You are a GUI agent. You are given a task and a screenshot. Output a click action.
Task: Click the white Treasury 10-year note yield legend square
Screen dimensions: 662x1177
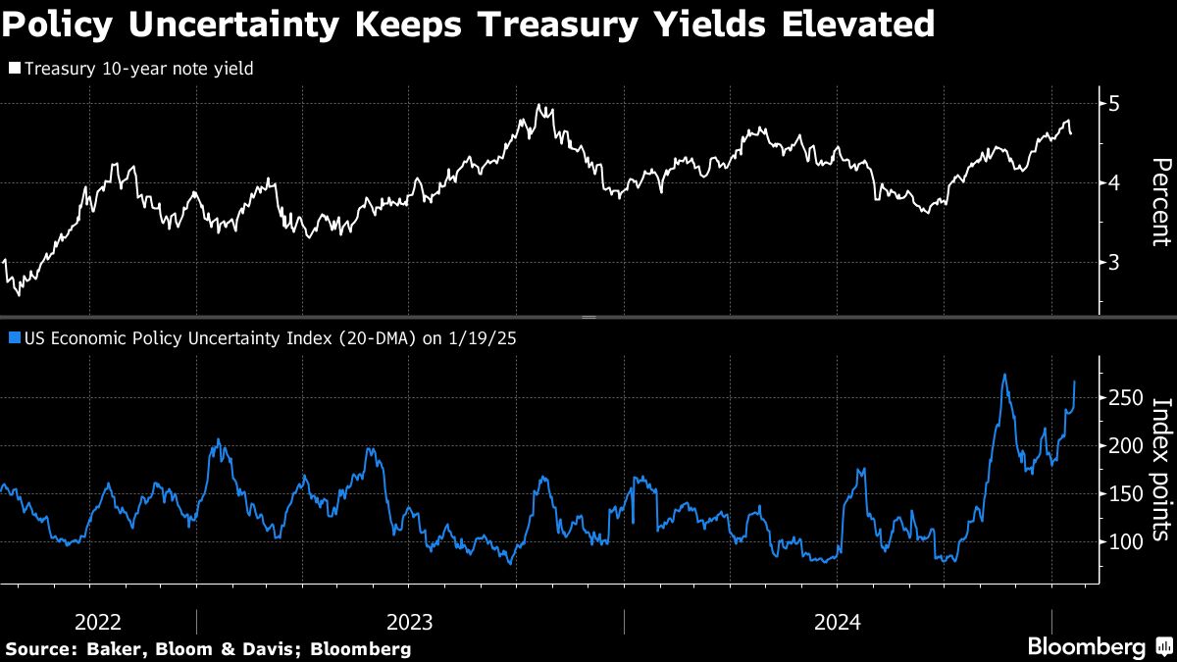click(14, 69)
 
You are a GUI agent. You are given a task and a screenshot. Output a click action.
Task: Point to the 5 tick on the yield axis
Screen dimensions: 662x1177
click(1114, 104)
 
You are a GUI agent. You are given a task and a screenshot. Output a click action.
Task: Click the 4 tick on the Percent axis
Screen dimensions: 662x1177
click(1114, 183)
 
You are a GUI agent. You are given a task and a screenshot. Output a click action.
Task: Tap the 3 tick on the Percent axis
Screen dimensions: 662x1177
click(1114, 263)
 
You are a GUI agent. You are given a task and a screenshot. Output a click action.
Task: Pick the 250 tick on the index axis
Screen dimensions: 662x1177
click(1119, 398)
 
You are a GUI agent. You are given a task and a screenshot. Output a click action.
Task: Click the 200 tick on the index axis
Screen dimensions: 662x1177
click(1119, 446)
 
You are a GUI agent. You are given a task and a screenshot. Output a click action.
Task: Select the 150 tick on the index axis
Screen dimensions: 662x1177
click(1119, 494)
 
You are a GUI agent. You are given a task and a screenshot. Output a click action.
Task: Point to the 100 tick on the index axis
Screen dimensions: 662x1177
click(1119, 542)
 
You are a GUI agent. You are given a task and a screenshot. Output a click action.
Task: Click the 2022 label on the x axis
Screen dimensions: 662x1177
click(97, 622)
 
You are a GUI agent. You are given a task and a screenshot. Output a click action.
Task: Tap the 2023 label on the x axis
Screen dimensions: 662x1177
click(410, 622)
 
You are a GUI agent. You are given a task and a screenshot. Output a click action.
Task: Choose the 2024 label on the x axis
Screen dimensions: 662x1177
click(837, 622)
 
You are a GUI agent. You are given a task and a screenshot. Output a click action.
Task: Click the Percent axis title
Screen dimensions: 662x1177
click(1159, 201)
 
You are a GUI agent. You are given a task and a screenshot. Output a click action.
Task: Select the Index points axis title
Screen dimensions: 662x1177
click(1159, 469)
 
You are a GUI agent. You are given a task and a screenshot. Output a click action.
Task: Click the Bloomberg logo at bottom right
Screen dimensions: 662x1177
click(1086, 647)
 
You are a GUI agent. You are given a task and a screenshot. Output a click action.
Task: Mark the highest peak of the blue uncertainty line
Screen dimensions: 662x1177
click(1004, 374)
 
